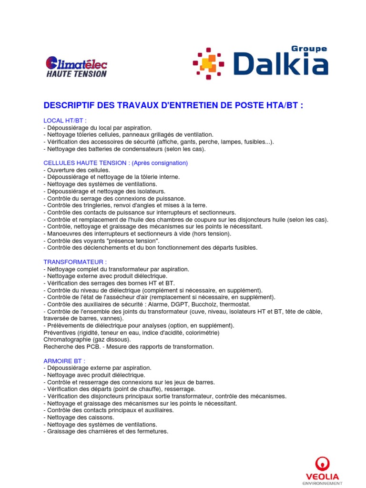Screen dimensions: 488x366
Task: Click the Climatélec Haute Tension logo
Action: [x=76, y=67]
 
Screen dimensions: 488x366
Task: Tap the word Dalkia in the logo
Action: [x=281, y=64]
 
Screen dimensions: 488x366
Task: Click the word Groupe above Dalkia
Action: [x=309, y=49]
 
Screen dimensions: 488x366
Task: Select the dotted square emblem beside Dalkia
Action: [x=208, y=63]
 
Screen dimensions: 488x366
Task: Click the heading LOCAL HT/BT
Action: [x=65, y=121]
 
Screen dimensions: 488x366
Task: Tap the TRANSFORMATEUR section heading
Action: [x=75, y=262]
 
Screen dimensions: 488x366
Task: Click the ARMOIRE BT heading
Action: [x=64, y=361]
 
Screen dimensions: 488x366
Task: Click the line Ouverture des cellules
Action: [x=77, y=170]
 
